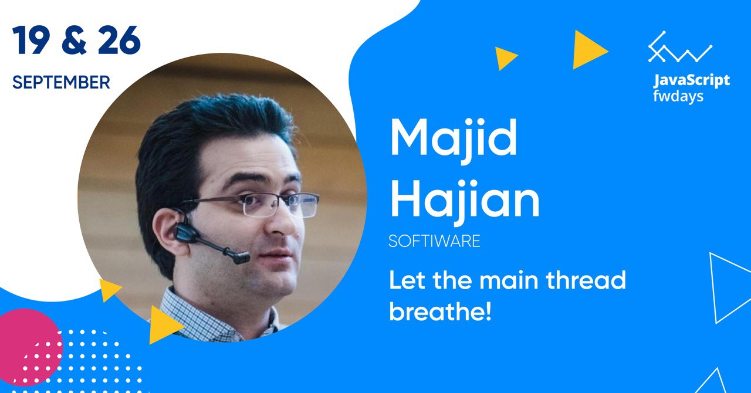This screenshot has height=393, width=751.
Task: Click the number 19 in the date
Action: (x=32, y=40)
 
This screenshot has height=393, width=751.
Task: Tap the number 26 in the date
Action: (x=119, y=40)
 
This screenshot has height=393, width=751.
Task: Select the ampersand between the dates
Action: (x=75, y=40)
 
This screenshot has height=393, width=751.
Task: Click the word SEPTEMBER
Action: (x=62, y=82)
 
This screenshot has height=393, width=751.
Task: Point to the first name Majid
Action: (x=454, y=141)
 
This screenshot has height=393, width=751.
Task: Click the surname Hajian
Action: (x=465, y=201)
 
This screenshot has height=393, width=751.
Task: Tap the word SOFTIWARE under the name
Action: (x=434, y=240)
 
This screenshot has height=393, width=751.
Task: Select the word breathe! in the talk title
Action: (x=440, y=311)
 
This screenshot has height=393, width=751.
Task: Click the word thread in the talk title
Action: (x=586, y=280)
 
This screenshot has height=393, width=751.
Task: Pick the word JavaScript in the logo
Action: (x=691, y=80)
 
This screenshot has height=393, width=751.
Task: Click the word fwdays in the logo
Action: (x=678, y=96)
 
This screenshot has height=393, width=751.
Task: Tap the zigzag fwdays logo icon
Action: (x=680, y=47)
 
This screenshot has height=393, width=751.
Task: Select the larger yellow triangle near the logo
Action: (x=588, y=50)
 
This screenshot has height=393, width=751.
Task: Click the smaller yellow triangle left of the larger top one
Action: (x=505, y=58)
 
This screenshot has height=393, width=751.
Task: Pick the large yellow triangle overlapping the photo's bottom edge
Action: (x=164, y=324)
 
